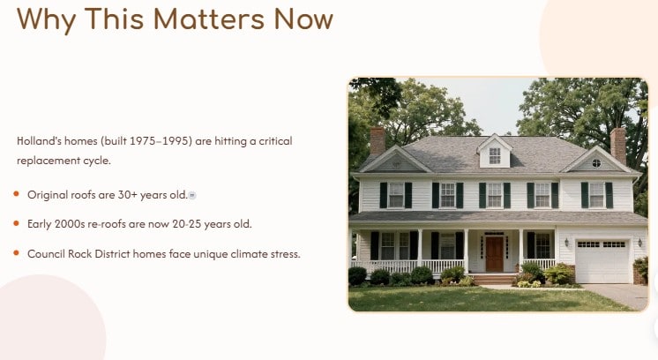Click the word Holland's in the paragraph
coord(38,141)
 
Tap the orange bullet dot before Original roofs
coord(17,193)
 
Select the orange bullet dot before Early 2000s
coord(17,223)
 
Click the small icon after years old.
coord(192,195)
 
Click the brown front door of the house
coord(494,253)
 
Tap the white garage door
coord(602,261)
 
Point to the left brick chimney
coord(378,140)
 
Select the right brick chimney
coord(617,144)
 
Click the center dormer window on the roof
coord(495,156)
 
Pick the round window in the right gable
coord(596,163)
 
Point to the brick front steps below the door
coord(495,280)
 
